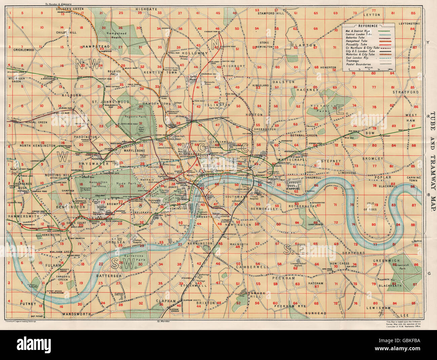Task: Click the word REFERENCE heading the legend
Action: pyautogui.click(x=368, y=26)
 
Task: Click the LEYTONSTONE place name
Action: pyautogui.click(x=409, y=24)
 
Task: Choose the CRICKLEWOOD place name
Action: pyautogui.click(x=24, y=50)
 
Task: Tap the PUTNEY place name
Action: pyautogui.click(x=28, y=303)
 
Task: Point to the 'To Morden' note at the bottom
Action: pyautogui.click(x=163, y=322)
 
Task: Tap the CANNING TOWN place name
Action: pyautogui.click(x=413, y=179)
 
